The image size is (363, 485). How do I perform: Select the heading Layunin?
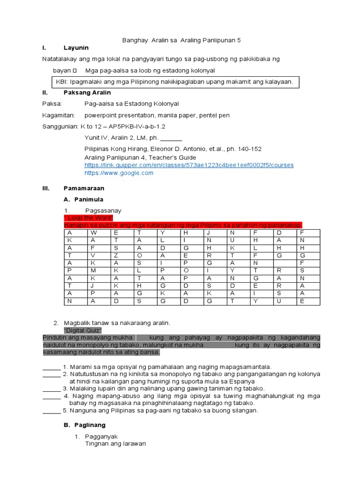(76, 48)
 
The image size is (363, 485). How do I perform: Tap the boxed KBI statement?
(174, 81)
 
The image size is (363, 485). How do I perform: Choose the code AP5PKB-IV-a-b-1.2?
(137, 126)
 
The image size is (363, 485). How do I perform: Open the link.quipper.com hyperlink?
(189, 165)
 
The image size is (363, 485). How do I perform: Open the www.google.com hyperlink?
(119, 173)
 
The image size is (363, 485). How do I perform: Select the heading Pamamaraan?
(84, 188)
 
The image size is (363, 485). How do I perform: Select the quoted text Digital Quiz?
(83, 330)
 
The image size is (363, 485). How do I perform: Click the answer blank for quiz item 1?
(52, 367)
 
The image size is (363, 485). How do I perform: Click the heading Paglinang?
(85, 425)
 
